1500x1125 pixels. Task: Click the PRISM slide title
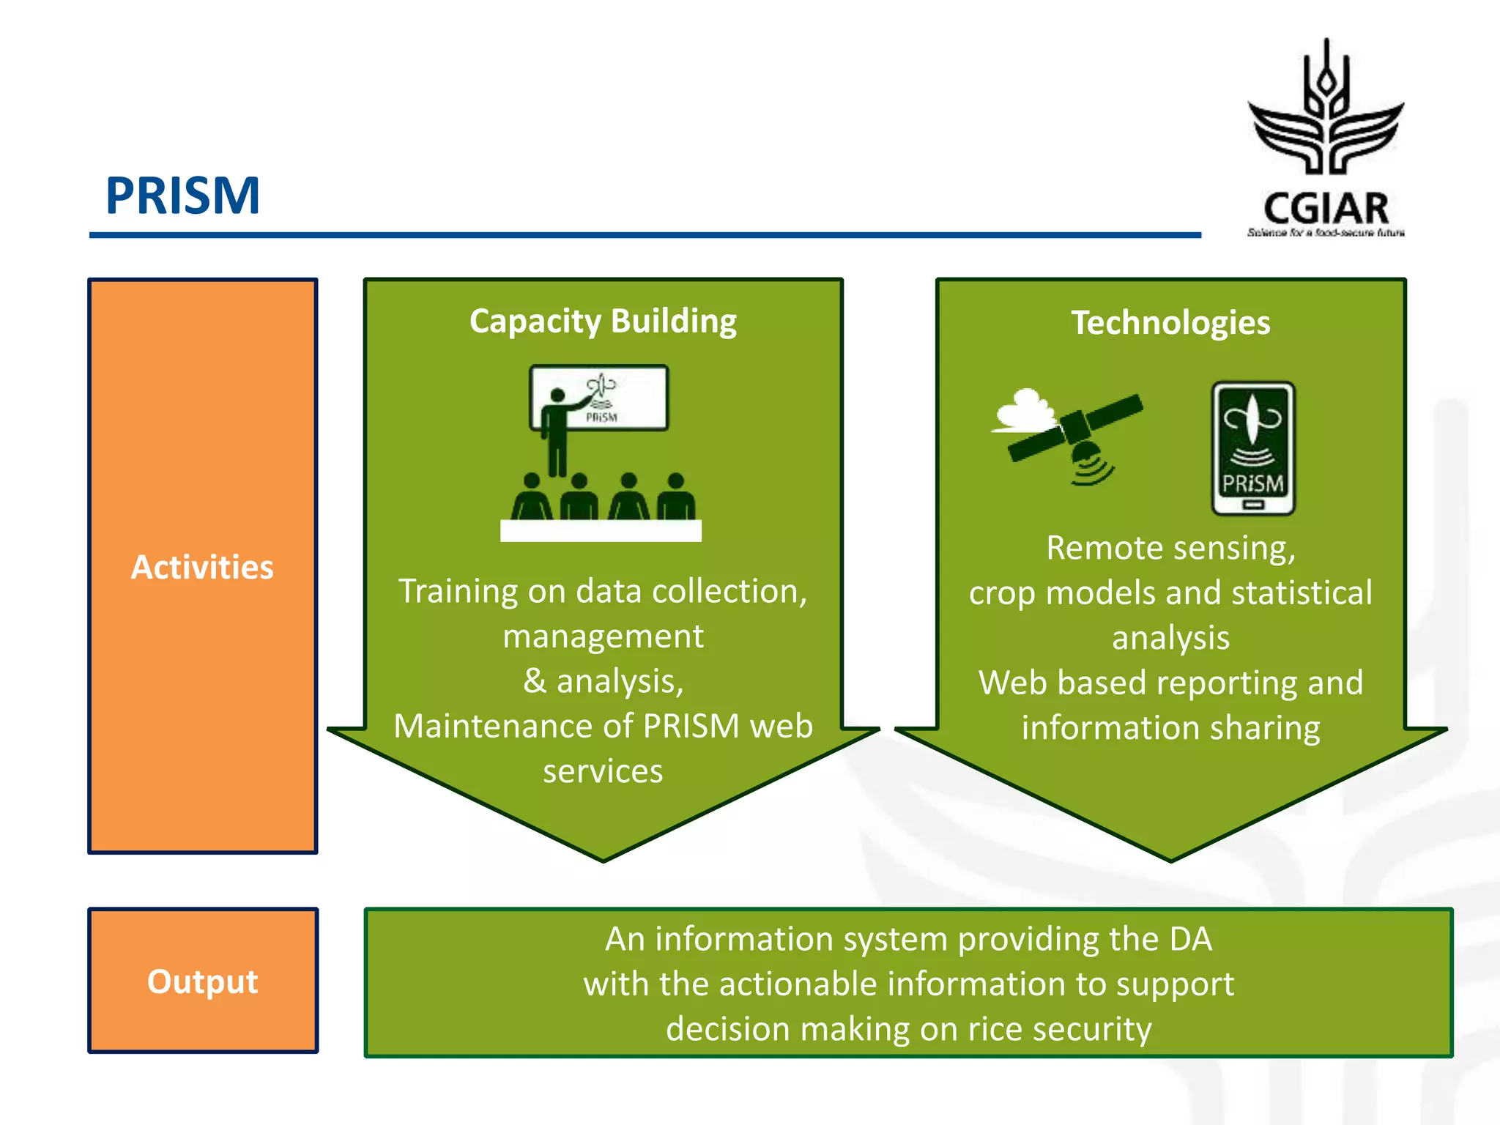(x=183, y=196)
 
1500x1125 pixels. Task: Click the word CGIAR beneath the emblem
(x=1326, y=209)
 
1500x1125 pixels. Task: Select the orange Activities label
(x=202, y=568)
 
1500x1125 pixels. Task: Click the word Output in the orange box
(x=202, y=981)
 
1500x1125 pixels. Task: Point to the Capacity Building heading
(x=603, y=322)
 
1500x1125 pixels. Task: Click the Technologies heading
(x=1170, y=323)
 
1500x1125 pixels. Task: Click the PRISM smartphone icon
(x=1253, y=448)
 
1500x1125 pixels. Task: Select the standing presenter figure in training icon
(x=558, y=432)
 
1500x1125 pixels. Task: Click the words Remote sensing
(x=1170, y=548)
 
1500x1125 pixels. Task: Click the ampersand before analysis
(x=535, y=681)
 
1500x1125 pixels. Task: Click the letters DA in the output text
(x=1190, y=939)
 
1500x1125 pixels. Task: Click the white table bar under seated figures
(x=601, y=531)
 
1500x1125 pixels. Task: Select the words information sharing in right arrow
(x=1170, y=728)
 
